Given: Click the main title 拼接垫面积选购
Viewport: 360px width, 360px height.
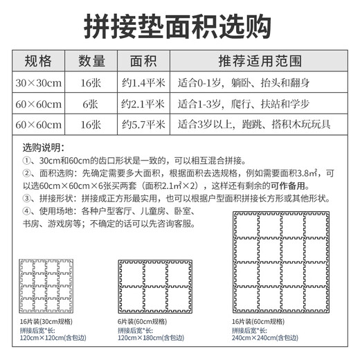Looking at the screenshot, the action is (180, 26).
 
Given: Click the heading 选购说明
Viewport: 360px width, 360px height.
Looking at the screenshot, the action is (43, 148).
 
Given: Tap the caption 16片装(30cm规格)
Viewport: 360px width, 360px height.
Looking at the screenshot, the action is (47, 323).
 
